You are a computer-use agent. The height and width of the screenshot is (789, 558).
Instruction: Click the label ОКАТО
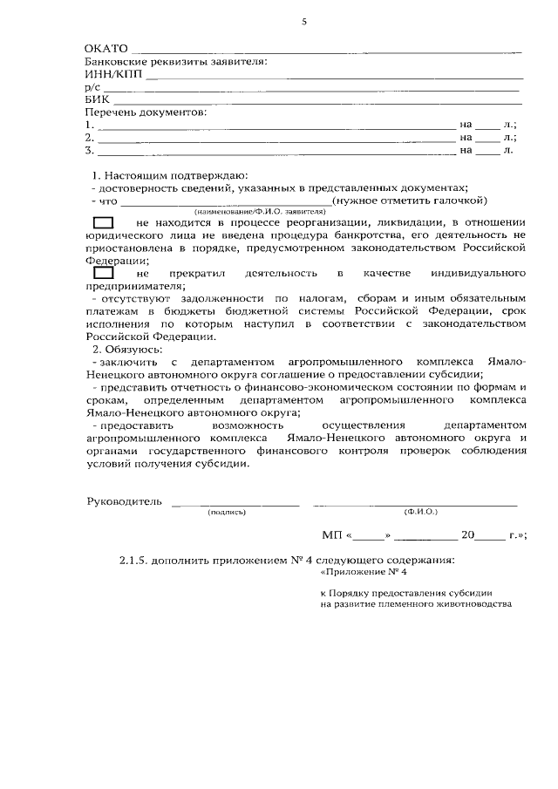105,49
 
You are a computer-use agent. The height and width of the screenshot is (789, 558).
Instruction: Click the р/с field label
92,87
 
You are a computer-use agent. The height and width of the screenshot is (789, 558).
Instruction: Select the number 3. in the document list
89,150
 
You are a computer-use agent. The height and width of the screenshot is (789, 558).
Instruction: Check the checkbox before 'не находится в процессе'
104,224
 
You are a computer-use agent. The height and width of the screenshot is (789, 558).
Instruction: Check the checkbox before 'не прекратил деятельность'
104,274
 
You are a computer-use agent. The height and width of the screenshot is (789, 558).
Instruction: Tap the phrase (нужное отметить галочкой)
391,201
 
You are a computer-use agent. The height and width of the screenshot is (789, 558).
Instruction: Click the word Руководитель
124,501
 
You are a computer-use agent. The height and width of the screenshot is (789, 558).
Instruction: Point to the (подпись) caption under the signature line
227,513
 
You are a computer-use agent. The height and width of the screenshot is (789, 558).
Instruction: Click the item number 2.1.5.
134,560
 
